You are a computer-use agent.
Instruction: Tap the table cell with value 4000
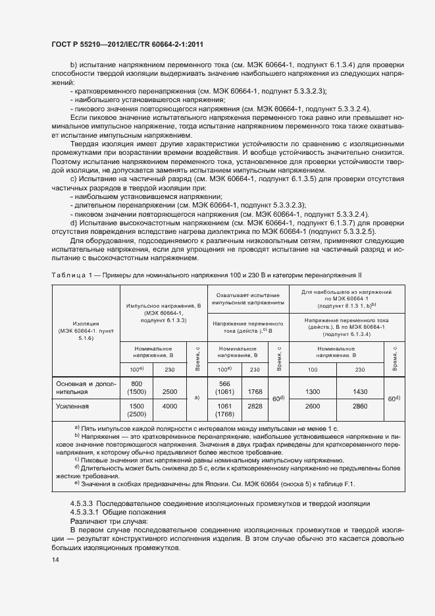pos(169,407)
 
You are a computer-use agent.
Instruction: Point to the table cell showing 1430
pos(359,391)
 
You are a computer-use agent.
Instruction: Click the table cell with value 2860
pos(359,407)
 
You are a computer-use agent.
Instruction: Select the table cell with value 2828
pos(253,407)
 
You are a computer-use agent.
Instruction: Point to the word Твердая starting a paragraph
pos(86,142)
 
